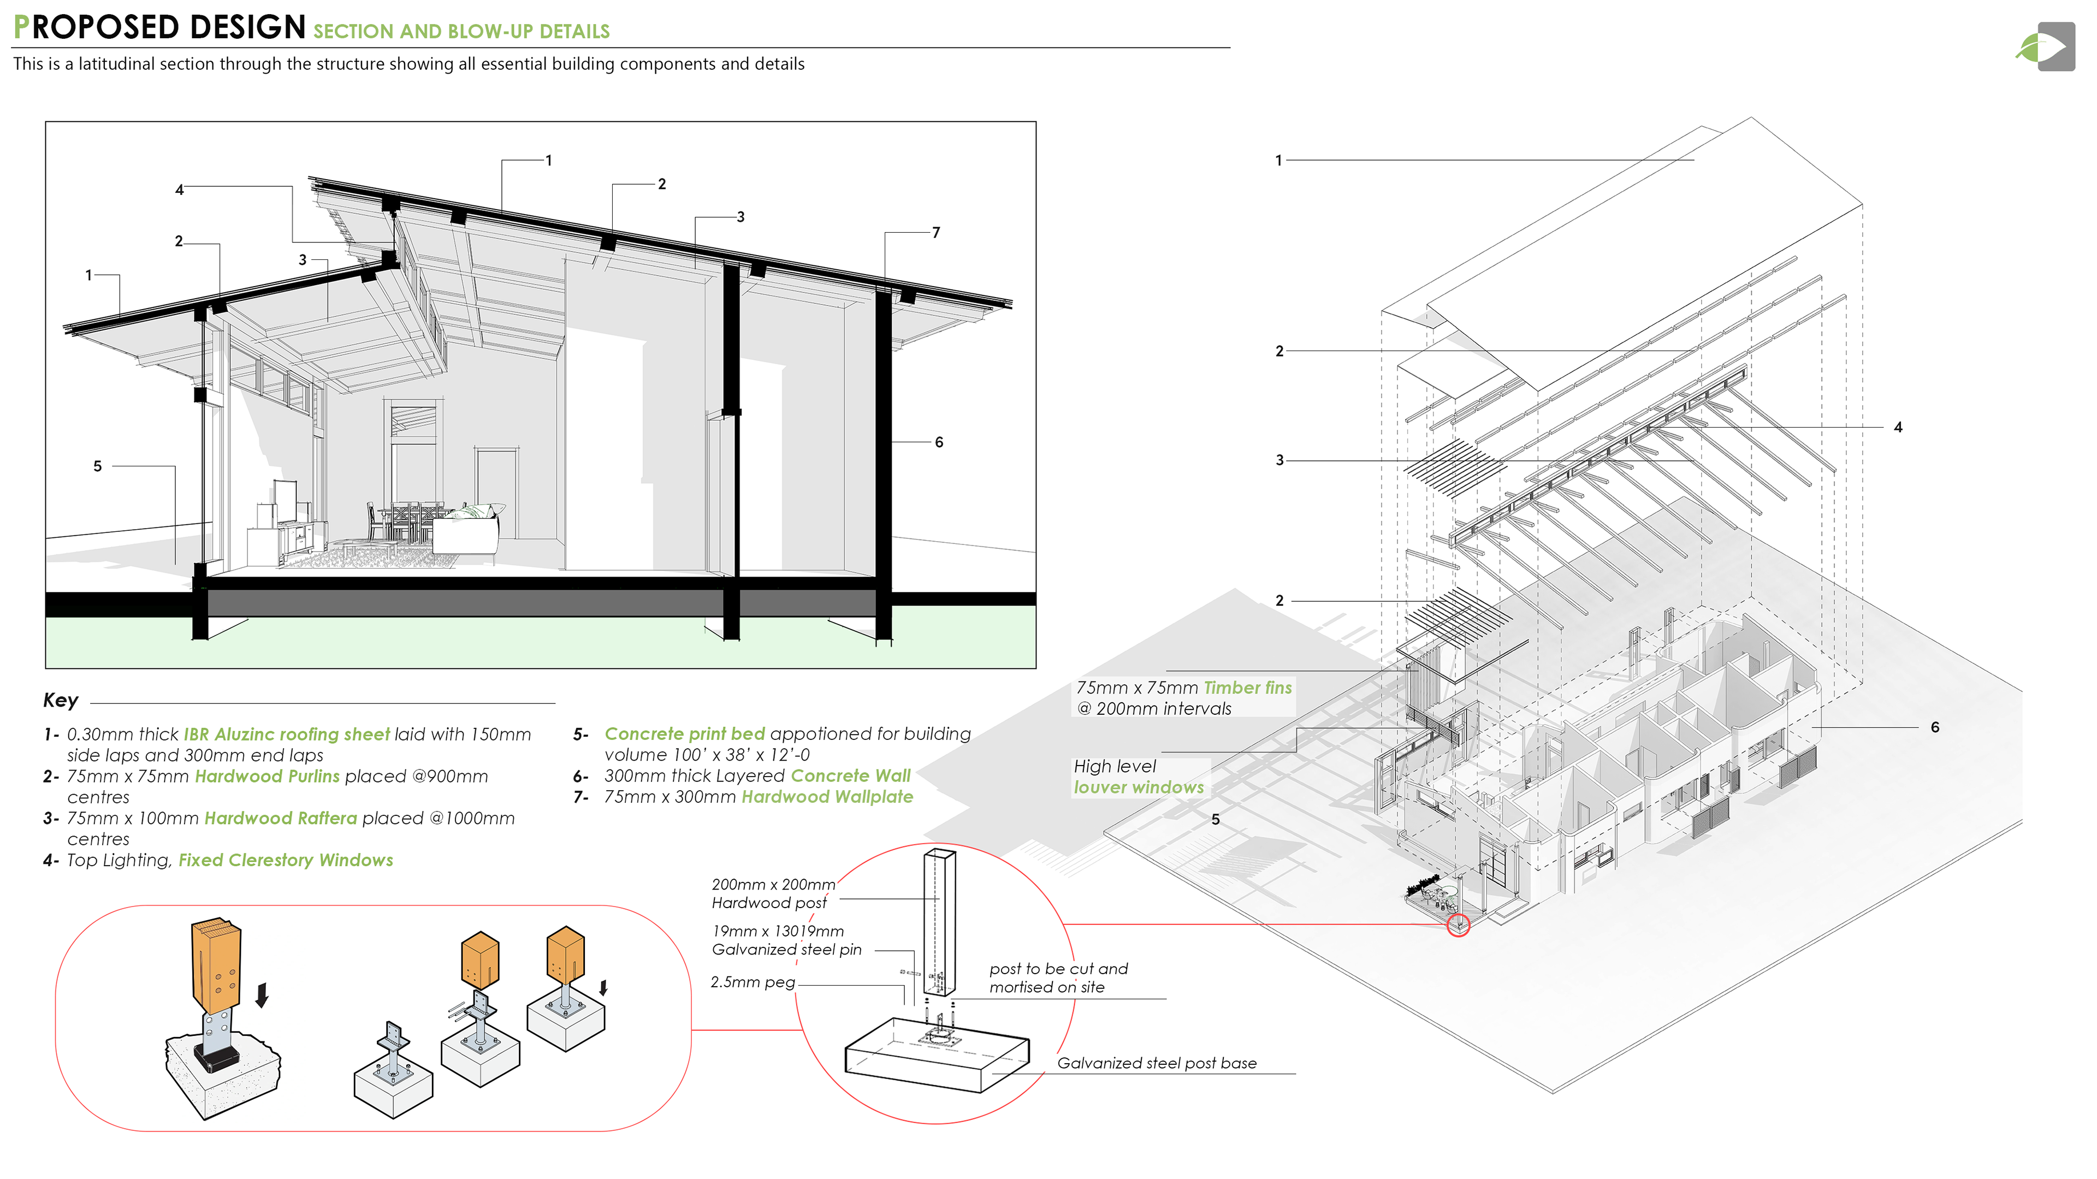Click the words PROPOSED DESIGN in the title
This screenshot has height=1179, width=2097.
159,28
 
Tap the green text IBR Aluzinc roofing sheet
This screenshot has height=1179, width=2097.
287,734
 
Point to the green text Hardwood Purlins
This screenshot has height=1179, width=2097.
267,777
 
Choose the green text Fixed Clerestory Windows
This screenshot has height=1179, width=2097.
286,861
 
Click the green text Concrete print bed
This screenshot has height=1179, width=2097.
685,734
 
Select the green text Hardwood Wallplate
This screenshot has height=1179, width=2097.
827,797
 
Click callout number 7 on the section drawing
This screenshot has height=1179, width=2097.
936,233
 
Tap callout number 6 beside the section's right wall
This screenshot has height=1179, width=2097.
939,442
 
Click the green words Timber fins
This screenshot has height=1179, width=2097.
1247,688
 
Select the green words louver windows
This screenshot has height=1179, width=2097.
1138,787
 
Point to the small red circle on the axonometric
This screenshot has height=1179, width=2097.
1458,926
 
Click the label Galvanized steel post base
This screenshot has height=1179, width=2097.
1156,1063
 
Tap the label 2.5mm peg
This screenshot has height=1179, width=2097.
752,983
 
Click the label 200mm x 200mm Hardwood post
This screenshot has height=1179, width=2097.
773,894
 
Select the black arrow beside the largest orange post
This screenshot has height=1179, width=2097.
262,994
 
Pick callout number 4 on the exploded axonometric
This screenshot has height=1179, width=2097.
1898,428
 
